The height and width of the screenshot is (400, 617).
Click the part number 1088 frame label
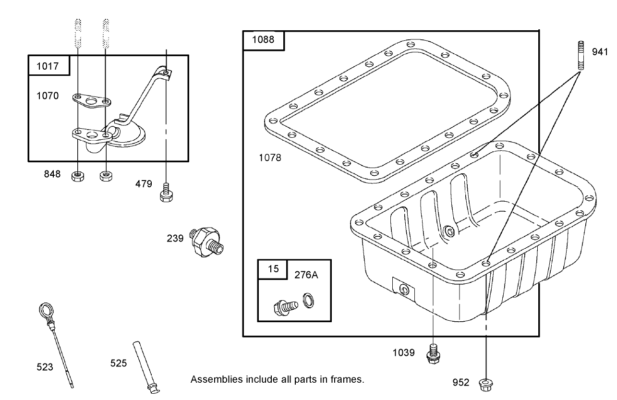[x=264, y=40]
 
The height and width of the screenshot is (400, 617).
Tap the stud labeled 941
[x=581, y=56]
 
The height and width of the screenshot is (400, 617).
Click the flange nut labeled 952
[x=486, y=383]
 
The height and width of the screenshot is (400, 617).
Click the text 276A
[x=306, y=275]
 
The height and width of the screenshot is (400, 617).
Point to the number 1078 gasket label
[x=270, y=158]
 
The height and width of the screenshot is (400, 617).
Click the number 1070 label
[x=48, y=96]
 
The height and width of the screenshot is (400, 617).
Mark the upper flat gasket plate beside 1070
[x=92, y=100]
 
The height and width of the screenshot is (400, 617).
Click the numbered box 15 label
[x=273, y=269]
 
